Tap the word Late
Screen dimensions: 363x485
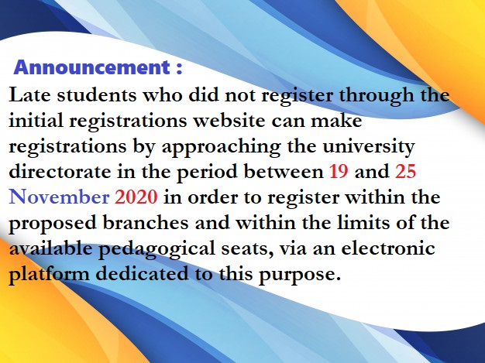(x=29, y=98)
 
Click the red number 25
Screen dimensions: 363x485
(x=411, y=171)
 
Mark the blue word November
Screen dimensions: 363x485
(x=59, y=197)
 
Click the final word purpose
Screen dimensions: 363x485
(x=303, y=273)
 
